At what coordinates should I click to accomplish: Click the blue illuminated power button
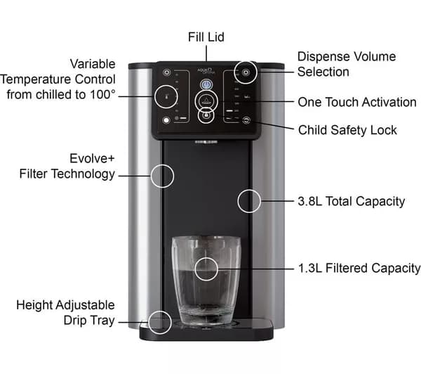click(x=206, y=85)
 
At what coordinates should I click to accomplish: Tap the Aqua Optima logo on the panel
click(x=206, y=71)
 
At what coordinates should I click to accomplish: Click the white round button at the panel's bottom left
click(x=166, y=120)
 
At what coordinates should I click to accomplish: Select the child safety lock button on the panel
click(x=246, y=120)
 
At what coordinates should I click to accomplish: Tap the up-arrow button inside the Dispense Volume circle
click(x=246, y=72)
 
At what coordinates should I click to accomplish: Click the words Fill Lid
click(x=206, y=37)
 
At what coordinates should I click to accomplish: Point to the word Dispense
click(x=323, y=57)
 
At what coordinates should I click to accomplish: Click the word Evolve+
click(x=92, y=158)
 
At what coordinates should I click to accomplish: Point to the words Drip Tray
click(x=89, y=321)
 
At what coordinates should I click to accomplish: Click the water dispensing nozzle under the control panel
click(x=206, y=142)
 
